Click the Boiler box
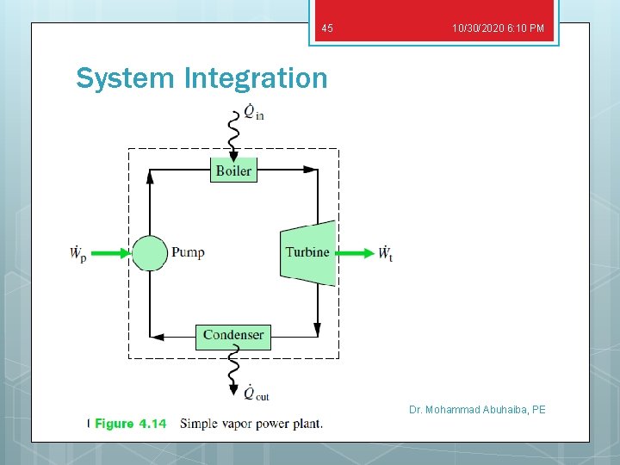click(233, 170)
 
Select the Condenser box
click(233, 335)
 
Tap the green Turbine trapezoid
click(307, 252)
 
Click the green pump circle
click(150, 253)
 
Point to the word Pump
click(188, 252)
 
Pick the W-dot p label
click(77, 253)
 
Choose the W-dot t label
click(385, 253)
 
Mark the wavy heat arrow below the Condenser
click(233, 370)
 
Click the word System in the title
click(127, 78)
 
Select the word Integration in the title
click(256, 78)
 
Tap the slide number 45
click(326, 29)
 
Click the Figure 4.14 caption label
click(130, 424)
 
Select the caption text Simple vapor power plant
click(251, 424)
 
